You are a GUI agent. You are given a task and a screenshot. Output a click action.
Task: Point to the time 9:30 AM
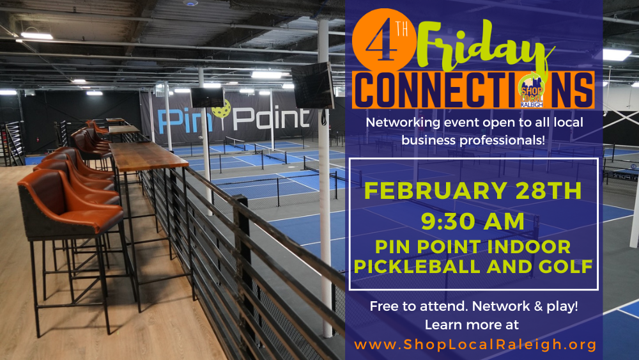click(x=473, y=221)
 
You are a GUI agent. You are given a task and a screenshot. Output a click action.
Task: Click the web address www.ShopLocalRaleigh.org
click(x=475, y=345)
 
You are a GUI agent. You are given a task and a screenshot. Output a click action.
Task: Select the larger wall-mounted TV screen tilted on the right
click(x=313, y=86)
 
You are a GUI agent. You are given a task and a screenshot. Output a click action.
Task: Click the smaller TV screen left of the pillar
click(x=207, y=98)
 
